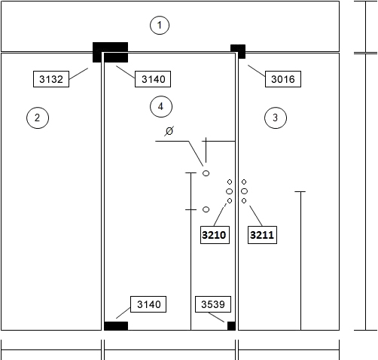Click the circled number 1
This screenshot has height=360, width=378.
tap(160, 25)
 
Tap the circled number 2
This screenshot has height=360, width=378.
tap(38, 117)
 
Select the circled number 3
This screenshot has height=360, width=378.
tap(276, 117)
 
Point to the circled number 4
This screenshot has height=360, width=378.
tap(161, 106)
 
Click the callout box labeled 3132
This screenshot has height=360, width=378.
tap(51, 79)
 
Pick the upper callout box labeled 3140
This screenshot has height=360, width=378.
tap(153, 79)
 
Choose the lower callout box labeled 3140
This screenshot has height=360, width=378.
tap(148, 304)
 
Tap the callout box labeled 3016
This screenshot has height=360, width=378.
tap(283, 79)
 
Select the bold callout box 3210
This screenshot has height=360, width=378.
tap(215, 235)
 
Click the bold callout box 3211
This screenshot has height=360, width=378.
tap(262, 235)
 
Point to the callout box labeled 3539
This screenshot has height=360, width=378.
tap(213, 304)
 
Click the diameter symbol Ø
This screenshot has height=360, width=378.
tap(169, 131)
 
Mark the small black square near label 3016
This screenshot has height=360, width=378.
tap(238, 51)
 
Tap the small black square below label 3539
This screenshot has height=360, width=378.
tap(231, 326)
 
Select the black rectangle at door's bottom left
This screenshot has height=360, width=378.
tap(116, 326)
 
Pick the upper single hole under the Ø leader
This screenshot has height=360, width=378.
tap(206, 173)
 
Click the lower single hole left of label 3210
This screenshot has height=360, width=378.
tap(206, 209)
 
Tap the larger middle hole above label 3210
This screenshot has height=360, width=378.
tap(230, 191)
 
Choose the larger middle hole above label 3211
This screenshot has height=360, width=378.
tap(244, 191)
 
